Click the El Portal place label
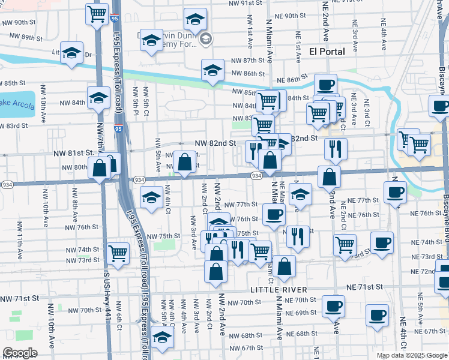[327, 52]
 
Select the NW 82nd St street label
[215, 144]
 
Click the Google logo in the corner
[20, 353]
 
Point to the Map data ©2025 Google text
[412, 355]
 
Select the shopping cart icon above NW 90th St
[97, 14]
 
